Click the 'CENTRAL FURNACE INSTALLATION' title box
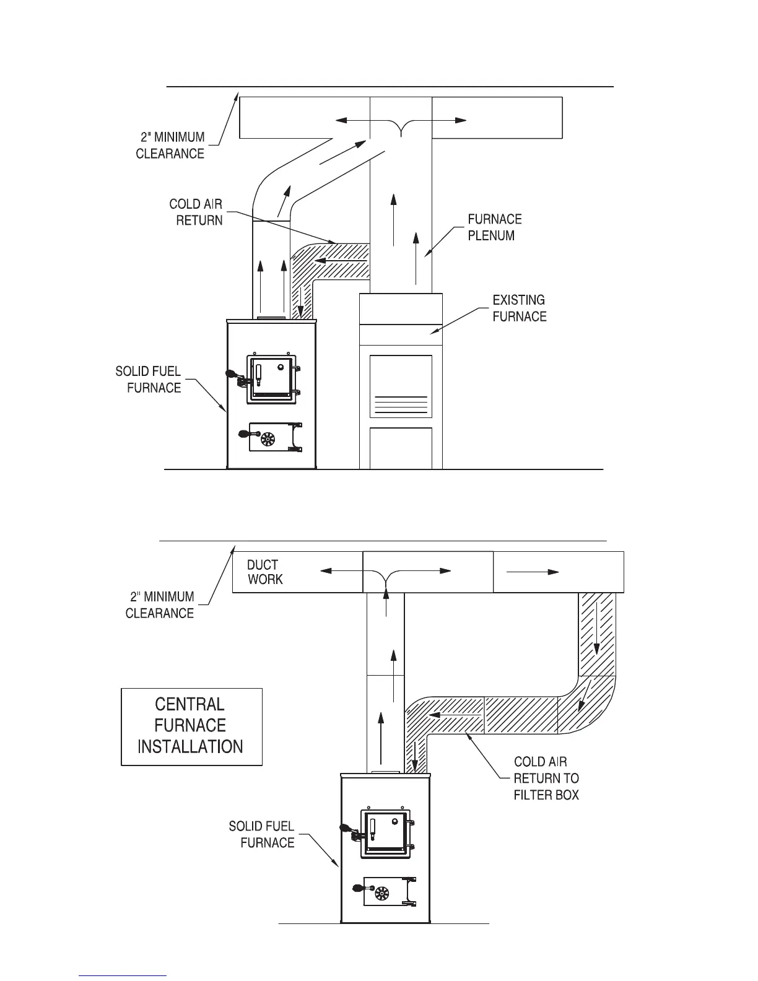click(191, 726)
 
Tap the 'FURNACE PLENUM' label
click(494, 227)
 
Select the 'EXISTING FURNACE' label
click(519, 308)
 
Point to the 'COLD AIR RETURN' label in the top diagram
click(196, 212)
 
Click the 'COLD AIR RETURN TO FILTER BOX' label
click(546, 778)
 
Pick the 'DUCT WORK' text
click(264, 572)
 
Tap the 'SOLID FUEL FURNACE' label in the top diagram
click(149, 380)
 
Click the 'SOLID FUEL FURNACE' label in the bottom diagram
click(261, 834)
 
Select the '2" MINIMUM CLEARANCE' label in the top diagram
click(171, 146)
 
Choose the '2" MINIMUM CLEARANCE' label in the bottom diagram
click(160, 605)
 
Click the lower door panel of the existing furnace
click(401, 447)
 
